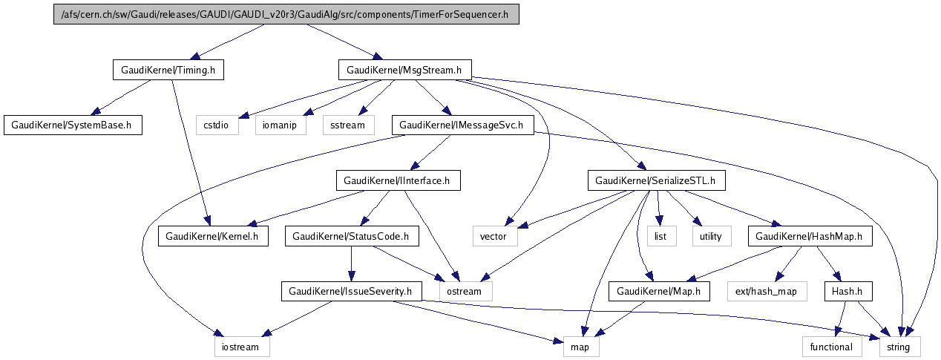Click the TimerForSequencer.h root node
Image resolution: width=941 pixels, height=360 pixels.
[x=286, y=16]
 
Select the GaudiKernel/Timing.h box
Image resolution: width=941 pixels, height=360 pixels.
[x=168, y=71]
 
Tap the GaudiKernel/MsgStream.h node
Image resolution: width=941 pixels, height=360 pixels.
[x=404, y=71]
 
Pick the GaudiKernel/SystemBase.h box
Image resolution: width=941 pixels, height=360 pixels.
[x=72, y=125]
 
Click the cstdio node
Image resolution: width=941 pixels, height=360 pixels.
[x=217, y=125]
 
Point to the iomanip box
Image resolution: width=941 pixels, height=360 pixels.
[x=281, y=125]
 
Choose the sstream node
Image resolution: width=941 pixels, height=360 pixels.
[x=348, y=125]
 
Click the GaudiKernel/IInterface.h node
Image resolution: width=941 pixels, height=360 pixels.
[x=399, y=180]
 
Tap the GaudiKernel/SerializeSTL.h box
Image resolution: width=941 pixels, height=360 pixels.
[x=656, y=180]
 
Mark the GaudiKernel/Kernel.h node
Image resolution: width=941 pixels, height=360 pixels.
[x=213, y=237]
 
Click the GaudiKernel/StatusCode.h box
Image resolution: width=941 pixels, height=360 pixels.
[x=351, y=237]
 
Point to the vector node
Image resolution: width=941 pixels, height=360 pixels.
[x=494, y=237]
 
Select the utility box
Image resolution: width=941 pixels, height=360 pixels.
[x=712, y=237]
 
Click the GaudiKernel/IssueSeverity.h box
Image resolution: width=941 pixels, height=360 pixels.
[x=351, y=291]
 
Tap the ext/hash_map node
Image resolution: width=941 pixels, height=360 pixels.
[x=761, y=291]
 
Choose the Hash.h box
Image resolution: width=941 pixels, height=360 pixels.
[x=847, y=291]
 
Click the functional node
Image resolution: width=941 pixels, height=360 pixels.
[x=832, y=346]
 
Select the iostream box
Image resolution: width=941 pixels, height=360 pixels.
[x=237, y=346]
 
